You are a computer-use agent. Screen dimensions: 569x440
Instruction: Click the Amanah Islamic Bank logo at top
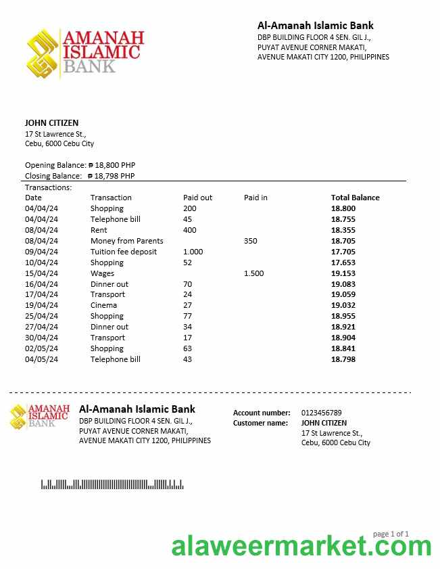coord(85,53)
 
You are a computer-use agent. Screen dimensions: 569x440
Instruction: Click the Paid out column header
coord(197,198)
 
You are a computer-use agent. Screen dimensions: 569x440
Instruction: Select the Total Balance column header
coord(355,198)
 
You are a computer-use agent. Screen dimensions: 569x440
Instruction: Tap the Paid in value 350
coord(250,241)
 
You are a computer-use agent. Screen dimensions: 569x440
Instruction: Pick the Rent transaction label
coord(99,230)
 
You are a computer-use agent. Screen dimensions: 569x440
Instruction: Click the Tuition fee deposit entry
coord(123,252)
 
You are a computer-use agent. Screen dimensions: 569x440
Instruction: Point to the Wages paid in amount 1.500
coord(253,273)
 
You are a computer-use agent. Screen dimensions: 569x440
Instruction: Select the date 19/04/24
coord(41,305)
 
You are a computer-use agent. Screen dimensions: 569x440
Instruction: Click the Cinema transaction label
coord(103,305)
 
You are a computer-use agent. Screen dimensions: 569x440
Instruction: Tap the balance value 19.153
coord(343,273)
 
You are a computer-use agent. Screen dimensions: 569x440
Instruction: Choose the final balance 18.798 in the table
coord(343,359)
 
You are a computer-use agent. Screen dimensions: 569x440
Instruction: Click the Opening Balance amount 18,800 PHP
coord(116,165)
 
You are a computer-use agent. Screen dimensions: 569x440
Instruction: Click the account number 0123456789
coord(321,413)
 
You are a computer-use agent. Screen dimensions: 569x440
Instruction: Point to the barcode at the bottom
coord(112,484)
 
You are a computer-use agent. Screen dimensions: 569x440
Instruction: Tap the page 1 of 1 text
coord(391,534)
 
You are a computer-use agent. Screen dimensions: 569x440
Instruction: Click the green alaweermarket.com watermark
coord(301,546)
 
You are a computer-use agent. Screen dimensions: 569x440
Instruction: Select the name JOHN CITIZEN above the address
coord(51,123)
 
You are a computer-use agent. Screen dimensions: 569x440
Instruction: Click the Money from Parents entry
coord(126,241)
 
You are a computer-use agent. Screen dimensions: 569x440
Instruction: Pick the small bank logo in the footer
coord(40,416)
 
